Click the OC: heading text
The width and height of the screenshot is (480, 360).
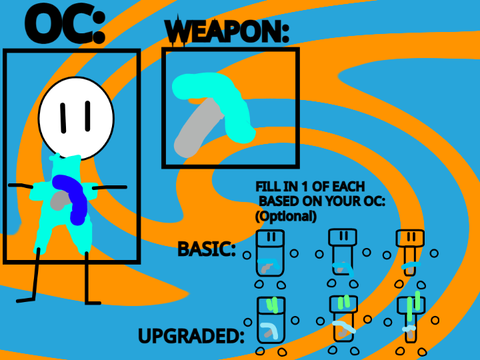[x=65, y=24]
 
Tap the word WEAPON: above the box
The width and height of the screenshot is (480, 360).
[x=227, y=32]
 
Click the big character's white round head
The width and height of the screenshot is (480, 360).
[x=76, y=118]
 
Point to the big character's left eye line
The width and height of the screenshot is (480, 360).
[x=63, y=118]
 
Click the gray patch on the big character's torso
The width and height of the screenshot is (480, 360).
[x=60, y=201]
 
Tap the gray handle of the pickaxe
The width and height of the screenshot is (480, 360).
[x=198, y=128]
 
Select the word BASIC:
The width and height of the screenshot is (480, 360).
[x=207, y=249]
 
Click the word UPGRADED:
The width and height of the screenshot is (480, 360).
[x=191, y=336]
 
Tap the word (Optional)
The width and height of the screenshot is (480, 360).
[x=286, y=216]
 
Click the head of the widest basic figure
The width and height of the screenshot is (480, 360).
[x=271, y=237]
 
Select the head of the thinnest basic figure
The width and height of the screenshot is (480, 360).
[x=410, y=238]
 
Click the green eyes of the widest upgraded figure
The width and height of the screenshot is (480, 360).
[x=273, y=305]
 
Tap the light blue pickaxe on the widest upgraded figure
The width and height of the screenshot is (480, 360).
[x=270, y=331]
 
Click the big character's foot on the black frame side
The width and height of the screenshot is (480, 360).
[x=25, y=300]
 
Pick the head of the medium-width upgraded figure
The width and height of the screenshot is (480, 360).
[x=343, y=304]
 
